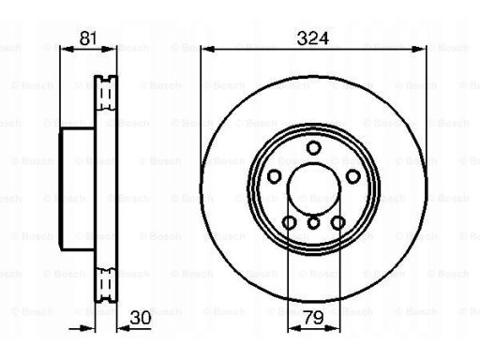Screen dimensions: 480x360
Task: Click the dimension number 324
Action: pyautogui.click(x=313, y=38)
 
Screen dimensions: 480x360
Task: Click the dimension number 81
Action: pyautogui.click(x=88, y=38)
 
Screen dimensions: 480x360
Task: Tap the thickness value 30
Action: pyautogui.click(x=141, y=318)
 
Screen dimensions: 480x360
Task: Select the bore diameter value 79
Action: pyautogui.click(x=313, y=318)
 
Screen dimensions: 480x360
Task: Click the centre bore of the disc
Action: pyautogui.click(x=313, y=188)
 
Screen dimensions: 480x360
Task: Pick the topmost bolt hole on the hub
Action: pyautogui.click(x=313, y=147)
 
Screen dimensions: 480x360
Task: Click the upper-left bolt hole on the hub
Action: pyautogui.click(x=275, y=176)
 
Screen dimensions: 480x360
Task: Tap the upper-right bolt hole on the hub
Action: pyautogui.click(x=352, y=176)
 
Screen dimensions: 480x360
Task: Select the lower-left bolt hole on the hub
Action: pyautogui.click(x=290, y=223)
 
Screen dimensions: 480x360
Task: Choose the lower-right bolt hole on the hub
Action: pyautogui.click(x=337, y=223)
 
